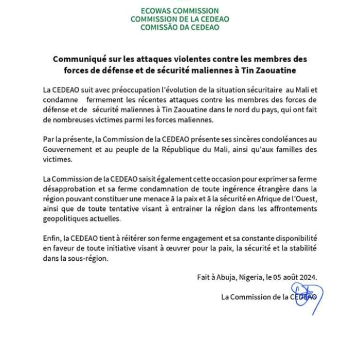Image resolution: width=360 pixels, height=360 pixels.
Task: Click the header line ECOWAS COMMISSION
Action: tap(180, 11)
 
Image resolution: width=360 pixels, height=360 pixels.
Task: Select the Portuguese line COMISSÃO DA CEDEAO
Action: tap(180, 27)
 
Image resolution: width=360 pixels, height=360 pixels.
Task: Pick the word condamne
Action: tap(61, 100)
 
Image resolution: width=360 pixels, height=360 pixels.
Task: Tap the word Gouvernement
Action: tap(69, 150)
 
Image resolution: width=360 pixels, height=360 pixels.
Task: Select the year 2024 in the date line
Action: tap(308, 277)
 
